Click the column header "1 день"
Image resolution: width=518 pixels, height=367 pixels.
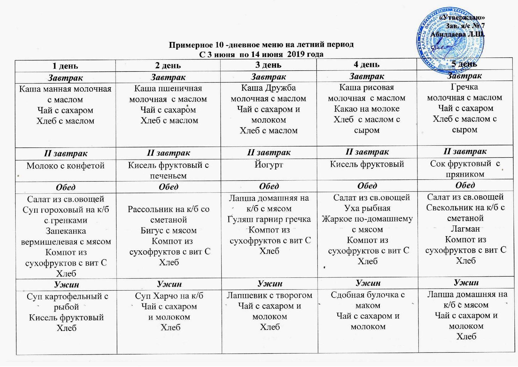point(65,66)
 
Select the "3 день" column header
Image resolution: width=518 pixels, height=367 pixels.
point(268,65)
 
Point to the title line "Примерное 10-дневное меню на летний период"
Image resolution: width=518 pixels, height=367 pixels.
point(261,45)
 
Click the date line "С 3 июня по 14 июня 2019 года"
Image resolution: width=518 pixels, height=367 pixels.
point(261,54)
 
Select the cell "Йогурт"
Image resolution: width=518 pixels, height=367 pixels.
point(268,165)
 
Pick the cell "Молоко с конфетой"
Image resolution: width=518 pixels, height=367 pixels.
point(66,165)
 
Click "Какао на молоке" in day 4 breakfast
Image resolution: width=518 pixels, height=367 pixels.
point(366,109)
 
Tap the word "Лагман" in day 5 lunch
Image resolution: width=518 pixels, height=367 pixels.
point(465,229)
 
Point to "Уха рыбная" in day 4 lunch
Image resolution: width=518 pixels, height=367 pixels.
point(367,208)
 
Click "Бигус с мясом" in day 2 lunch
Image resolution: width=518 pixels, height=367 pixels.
point(169,230)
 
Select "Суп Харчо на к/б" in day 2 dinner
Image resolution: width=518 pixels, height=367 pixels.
point(169,296)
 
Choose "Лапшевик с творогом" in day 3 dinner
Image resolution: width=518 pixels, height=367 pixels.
point(269,295)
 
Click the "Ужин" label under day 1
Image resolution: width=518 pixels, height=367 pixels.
point(66,285)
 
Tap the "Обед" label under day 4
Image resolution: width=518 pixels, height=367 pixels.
point(367,186)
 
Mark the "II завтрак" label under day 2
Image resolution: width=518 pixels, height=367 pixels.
point(168,153)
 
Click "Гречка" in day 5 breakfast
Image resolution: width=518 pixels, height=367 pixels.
point(464,87)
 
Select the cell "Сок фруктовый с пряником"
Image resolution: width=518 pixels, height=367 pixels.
point(465,168)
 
